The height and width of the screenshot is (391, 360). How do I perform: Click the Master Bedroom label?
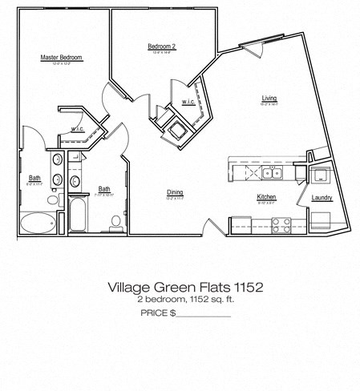pyautogui.click(x=62, y=58)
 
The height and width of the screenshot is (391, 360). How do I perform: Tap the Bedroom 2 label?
pyautogui.click(x=161, y=46)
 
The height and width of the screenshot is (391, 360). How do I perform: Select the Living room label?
pyautogui.click(x=269, y=99)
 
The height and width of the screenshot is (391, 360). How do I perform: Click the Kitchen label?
pyautogui.click(x=266, y=197)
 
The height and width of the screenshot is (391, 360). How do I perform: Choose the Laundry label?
pyautogui.click(x=323, y=197)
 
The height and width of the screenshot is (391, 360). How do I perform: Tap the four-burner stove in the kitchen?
pyautogui.click(x=283, y=226)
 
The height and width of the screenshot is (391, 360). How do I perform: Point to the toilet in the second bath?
pyautogui.click(x=115, y=221)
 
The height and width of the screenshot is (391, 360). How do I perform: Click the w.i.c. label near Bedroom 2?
pyautogui.click(x=188, y=102)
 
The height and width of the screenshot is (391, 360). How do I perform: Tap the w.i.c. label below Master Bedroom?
pyautogui.click(x=78, y=129)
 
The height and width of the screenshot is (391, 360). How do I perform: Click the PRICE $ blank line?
pyautogui.click(x=203, y=313)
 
